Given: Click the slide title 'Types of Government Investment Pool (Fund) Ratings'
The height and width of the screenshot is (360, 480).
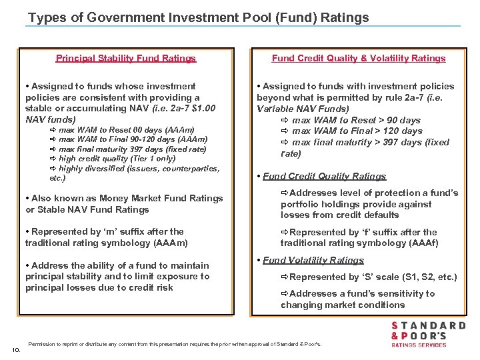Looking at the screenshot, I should coord(199,17).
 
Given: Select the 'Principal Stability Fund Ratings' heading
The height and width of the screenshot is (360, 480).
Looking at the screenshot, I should coord(126,58).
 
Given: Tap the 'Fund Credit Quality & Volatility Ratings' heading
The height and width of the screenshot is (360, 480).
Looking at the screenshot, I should coord(359,58).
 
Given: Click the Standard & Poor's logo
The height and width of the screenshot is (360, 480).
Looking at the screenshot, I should coord(428,334).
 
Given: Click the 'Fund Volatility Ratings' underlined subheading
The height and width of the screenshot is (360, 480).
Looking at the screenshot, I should coord(313,260).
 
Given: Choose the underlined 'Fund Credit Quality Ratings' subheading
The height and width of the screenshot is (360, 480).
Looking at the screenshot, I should coord(324,176).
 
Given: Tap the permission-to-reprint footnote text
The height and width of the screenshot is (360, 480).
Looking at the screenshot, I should coord(175,344).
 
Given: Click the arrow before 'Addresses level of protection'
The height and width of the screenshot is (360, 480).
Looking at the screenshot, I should coord(285,193).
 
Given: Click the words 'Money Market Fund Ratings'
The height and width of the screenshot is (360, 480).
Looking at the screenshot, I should coord(151,198).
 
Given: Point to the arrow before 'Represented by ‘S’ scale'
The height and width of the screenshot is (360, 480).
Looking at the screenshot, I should coord(285,277).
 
